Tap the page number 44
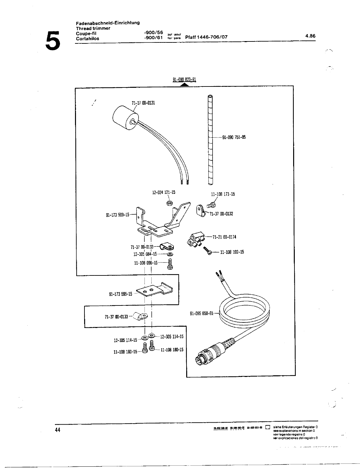(x=58, y=430)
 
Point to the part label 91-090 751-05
(x=234, y=137)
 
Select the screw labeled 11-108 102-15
(x=208, y=251)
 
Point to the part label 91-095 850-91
(x=201, y=314)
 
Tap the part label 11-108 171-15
(x=223, y=194)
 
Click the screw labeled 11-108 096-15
(x=170, y=264)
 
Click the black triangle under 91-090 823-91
(x=185, y=85)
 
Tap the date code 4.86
(x=310, y=36)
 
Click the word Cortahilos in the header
(x=87, y=38)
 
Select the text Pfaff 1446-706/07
(x=206, y=37)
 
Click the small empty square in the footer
(x=267, y=427)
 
